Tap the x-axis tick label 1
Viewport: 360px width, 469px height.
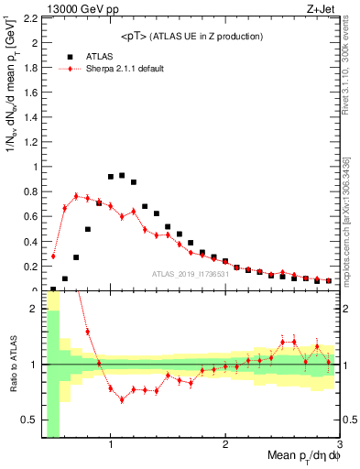pos(111,444)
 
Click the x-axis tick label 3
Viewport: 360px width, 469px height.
pos(339,444)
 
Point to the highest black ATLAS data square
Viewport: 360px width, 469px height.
pos(122,175)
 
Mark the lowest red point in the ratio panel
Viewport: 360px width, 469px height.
pos(122,399)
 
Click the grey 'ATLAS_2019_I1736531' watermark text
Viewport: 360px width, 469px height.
pos(191,274)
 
